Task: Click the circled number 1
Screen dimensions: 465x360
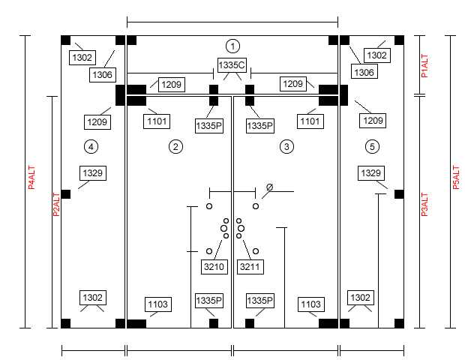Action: pyautogui.click(x=232, y=46)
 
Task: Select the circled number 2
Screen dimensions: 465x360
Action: pyautogui.click(x=175, y=147)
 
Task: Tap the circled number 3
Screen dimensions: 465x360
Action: pyautogui.click(x=286, y=147)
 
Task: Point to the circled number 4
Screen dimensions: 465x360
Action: pyautogui.click(x=91, y=147)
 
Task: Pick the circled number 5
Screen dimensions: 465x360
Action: pyautogui.click(x=372, y=147)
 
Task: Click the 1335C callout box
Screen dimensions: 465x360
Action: pyautogui.click(x=232, y=65)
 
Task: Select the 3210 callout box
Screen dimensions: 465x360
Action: pyautogui.click(x=214, y=267)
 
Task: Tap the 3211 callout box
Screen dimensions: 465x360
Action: pyautogui.click(x=250, y=267)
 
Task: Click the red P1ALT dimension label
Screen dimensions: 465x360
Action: pyautogui.click(x=424, y=66)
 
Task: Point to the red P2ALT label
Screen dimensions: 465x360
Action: pyautogui.click(x=56, y=205)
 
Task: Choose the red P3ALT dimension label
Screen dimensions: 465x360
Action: pyautogui.click(x=424, y=205)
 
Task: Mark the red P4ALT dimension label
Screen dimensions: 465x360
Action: pyautogui.click(x=31, y=177)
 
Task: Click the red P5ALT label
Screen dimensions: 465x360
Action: pyautogui.click(x=456, y=177)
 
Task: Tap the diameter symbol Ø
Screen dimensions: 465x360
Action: pyautogui.click(x=269, y=187)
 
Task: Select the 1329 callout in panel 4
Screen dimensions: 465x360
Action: pyautogui.click(x=93, y=173)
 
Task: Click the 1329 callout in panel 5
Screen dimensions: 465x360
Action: pyautogui.click(x=371, y=173)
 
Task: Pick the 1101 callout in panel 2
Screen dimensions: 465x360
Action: pyautogui.click(x=157, y=121)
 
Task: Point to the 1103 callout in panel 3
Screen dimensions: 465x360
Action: pyautogui.click(x=310, y=304)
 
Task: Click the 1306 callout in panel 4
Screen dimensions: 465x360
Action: pyautogui.click(x=103, y=75)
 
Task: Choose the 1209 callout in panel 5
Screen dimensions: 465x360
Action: pyautogui.click(x=373, y=121)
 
